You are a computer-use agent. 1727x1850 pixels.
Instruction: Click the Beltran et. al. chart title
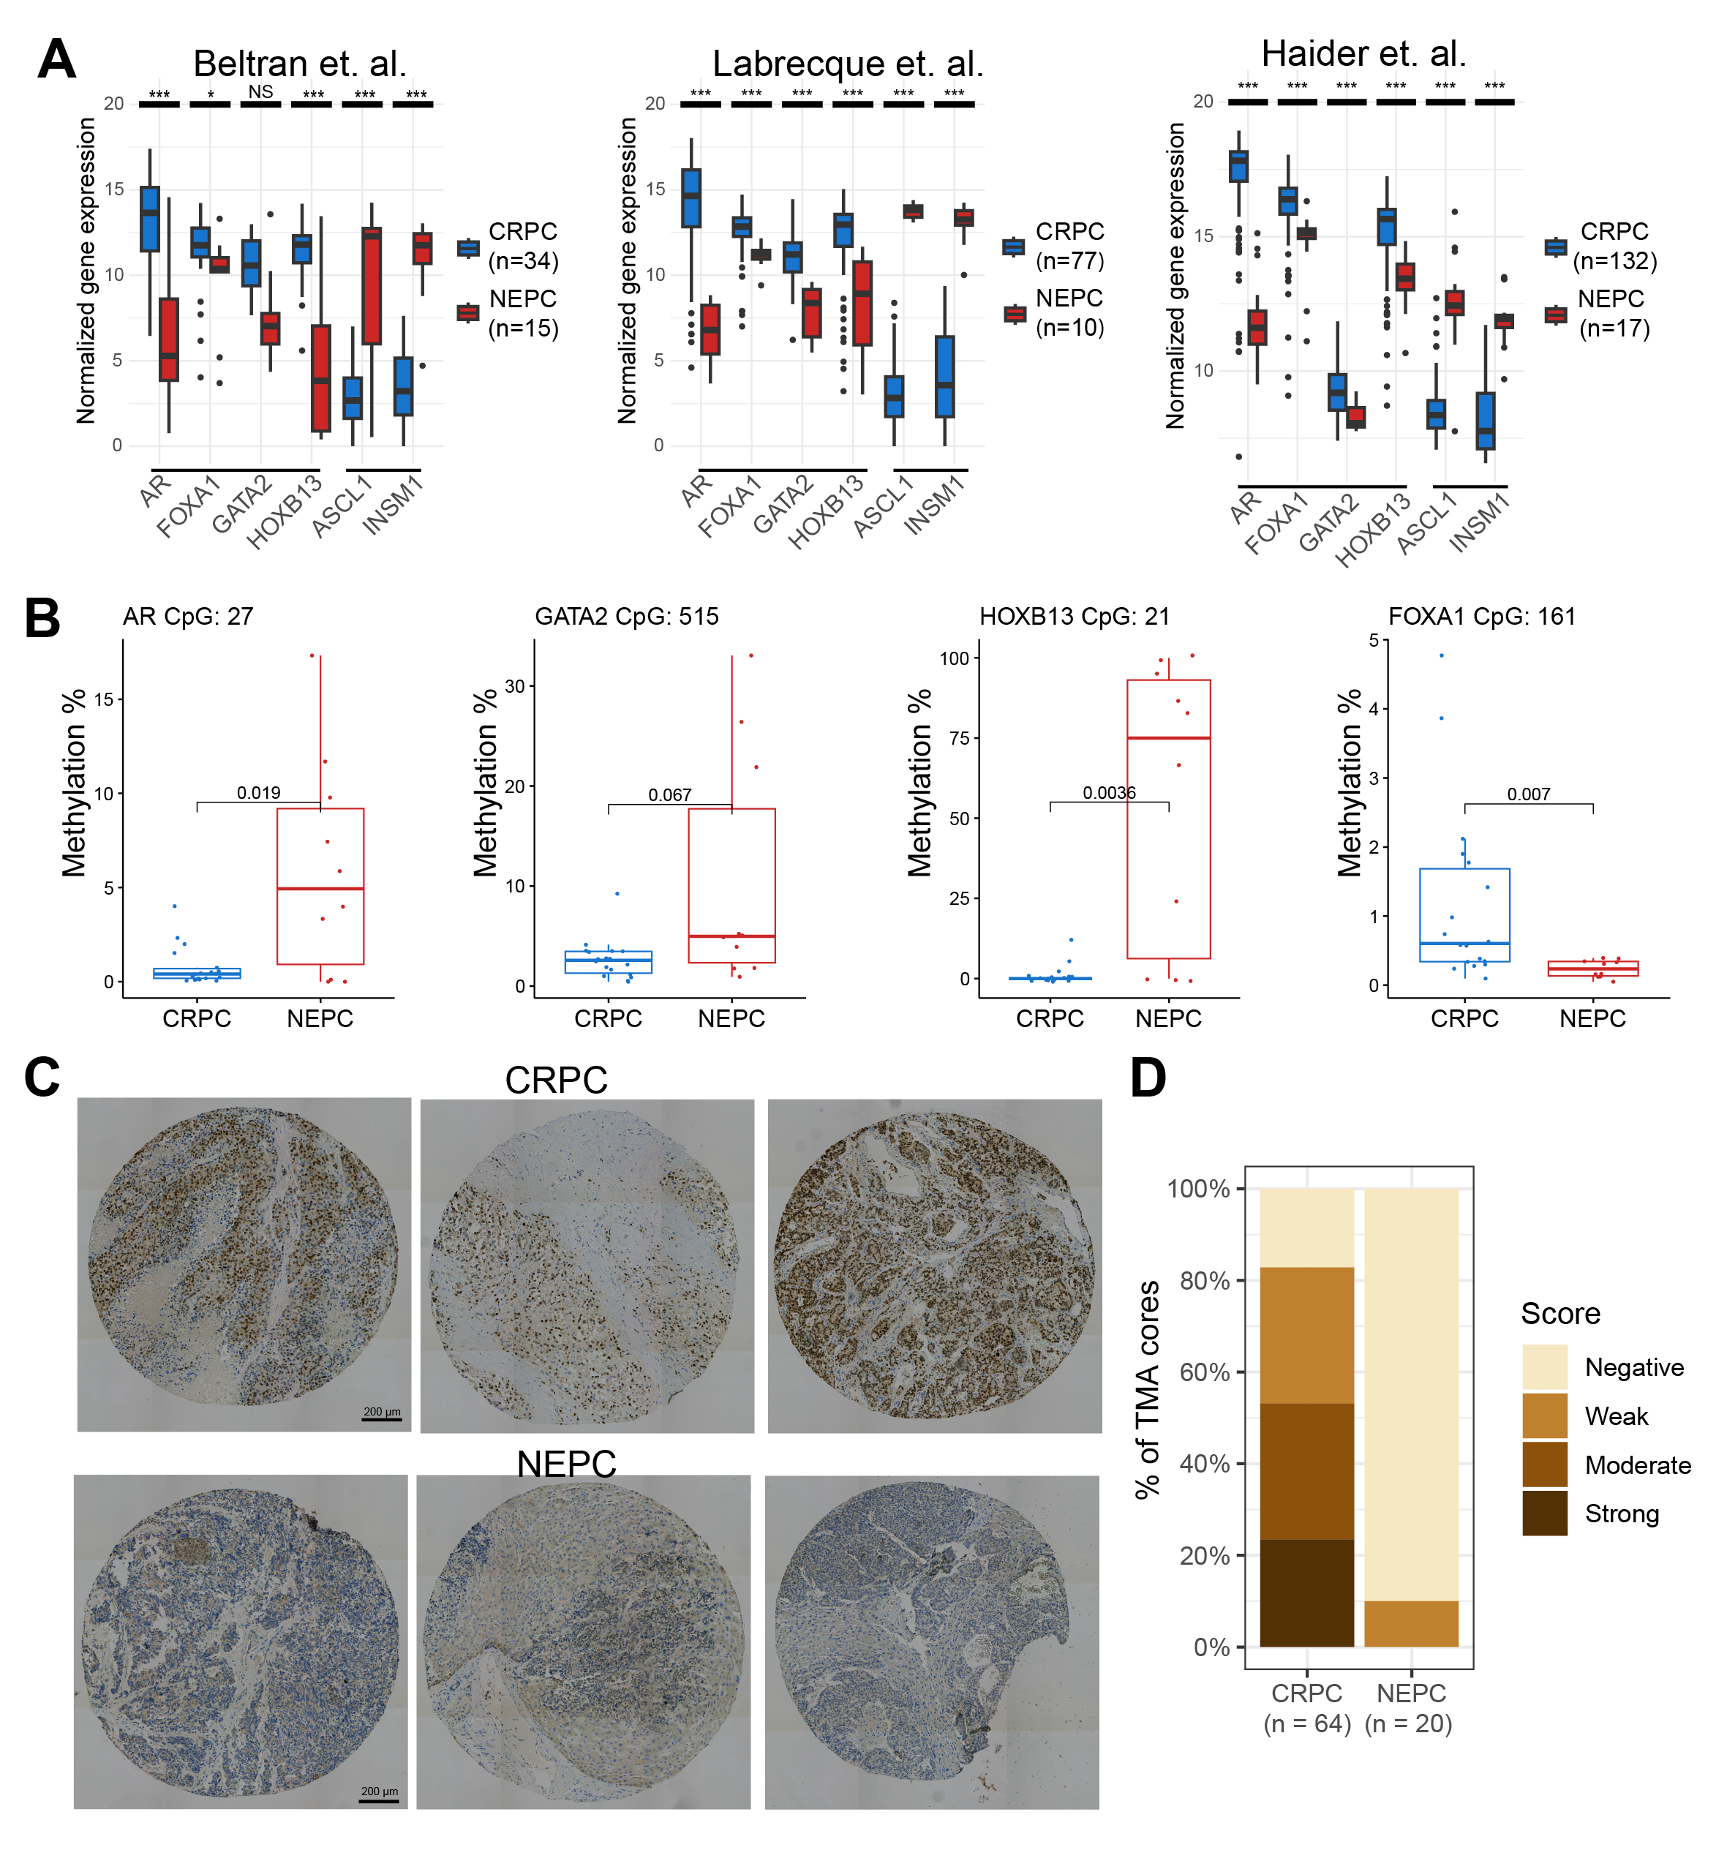tap(300, 64)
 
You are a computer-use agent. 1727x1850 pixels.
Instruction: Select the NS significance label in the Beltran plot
tap(260, 91)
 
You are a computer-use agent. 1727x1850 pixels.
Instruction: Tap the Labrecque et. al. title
tap(848, 64)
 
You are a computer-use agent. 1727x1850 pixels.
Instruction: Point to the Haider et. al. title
tap(1363, 53)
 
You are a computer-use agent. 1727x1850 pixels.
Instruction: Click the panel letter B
tap(43, 619)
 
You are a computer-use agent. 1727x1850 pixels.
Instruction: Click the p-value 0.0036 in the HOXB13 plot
tap(1108, 793)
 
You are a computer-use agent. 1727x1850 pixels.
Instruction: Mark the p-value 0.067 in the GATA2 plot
tap(670, 794)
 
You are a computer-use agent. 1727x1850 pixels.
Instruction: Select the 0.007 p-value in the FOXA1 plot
tap(1528, 794)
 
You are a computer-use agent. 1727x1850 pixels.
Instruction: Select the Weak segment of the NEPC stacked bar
tap(1410, 1624)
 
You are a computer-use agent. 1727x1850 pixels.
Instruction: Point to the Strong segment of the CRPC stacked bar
tap(1306, 1593)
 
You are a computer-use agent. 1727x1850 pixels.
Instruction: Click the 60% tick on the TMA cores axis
tap(1205, 1372)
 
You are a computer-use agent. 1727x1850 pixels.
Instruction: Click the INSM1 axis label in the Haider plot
tap(1480, 523)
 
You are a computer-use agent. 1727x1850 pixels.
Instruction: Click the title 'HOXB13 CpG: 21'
tap(1074, 616)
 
